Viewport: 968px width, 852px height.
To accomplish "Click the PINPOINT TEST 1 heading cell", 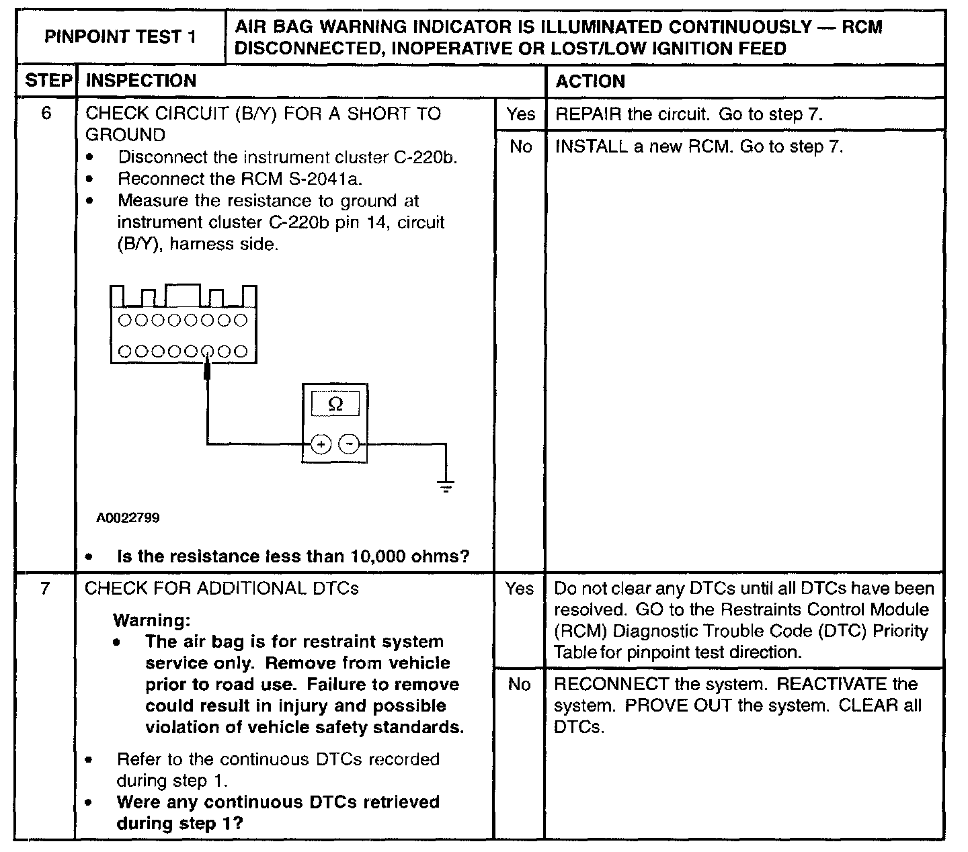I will (120, 37).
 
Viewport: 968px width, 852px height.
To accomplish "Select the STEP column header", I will (48, 81).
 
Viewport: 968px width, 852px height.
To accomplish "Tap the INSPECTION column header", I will (141, 81).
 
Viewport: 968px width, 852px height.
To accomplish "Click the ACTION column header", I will (590, 81).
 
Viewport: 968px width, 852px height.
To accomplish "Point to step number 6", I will (46, 113).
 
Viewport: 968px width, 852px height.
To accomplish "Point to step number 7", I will (45, 589).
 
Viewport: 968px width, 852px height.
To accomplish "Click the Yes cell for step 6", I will (520, 114).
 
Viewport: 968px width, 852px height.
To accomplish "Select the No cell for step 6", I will (520, 146).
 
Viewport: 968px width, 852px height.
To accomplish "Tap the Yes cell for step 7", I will (520, 589).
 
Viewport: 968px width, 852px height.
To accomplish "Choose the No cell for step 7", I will (520, 684).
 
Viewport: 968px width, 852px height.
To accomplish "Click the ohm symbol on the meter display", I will (335, 404).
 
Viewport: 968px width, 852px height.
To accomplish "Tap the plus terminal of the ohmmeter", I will (321, 444).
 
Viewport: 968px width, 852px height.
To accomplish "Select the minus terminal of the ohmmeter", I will (348, 444).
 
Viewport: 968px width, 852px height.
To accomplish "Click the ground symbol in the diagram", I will (445, 486).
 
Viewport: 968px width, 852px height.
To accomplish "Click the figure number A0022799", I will (128, 518).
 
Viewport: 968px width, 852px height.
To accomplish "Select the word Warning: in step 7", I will (152, 620).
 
